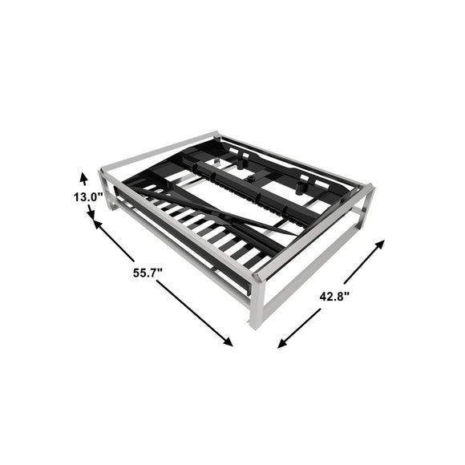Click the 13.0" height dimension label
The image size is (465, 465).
click(x=88, y=197)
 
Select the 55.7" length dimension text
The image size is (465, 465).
click(x=148, y=273)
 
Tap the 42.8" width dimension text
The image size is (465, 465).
click(x=334, y=297)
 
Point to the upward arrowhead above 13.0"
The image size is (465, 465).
click(x=84, y=179)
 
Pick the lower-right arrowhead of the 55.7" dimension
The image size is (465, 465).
click(x=228, y=342)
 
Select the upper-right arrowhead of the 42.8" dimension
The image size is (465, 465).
click(x=379, y=245)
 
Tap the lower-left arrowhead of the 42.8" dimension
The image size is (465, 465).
click(x=283, y=343)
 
